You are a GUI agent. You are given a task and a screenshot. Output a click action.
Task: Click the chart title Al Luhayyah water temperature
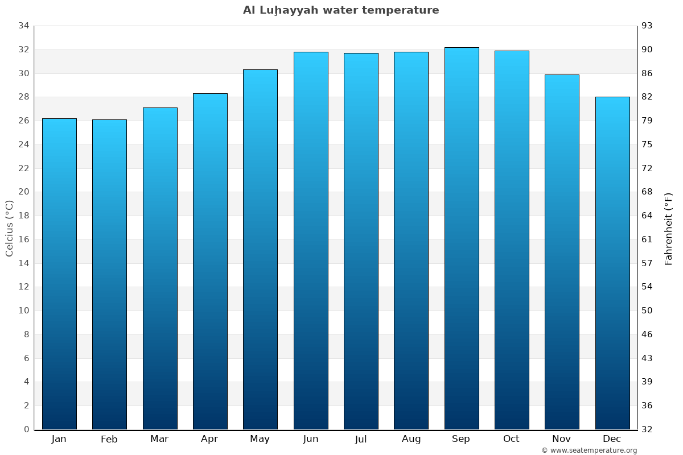coord(341,10)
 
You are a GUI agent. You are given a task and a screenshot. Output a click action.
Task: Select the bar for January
coord(59,274)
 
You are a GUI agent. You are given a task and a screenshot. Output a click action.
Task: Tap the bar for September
coord(461,238)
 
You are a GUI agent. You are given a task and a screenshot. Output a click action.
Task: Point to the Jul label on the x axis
coord(361,439)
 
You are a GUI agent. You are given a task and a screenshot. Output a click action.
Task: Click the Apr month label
coord(209,439)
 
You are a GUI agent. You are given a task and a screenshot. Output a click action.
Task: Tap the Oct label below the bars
coord(511,439)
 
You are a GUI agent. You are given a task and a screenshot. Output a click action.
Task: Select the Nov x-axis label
coord(561,439)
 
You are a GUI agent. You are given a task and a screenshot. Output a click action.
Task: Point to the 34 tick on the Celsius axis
coord(23,26)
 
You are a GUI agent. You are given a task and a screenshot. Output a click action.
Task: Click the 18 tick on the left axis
coord(23,216)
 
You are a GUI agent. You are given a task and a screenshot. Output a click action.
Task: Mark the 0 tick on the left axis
coord(26,429)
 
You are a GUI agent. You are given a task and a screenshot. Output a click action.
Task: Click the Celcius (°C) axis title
coord(9,227)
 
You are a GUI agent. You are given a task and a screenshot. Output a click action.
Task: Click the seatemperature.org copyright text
coord(589,450)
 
